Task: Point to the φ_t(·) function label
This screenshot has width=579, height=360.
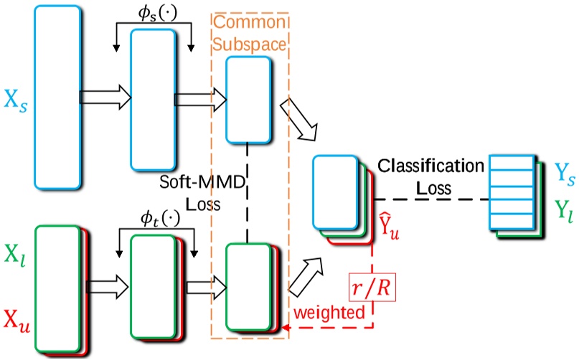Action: pos(155,215)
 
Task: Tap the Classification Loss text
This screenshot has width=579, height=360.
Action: pos(430,176)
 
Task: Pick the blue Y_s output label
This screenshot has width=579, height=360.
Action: pos(563,173)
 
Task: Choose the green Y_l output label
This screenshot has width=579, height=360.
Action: pos(563,210)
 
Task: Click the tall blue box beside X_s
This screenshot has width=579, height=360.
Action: pos(57,96)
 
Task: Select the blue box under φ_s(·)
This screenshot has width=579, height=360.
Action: pos(151,98)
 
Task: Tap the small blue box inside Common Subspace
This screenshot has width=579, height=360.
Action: pos(248,99)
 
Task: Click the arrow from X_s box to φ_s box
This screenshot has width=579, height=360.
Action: pos(105,96)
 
